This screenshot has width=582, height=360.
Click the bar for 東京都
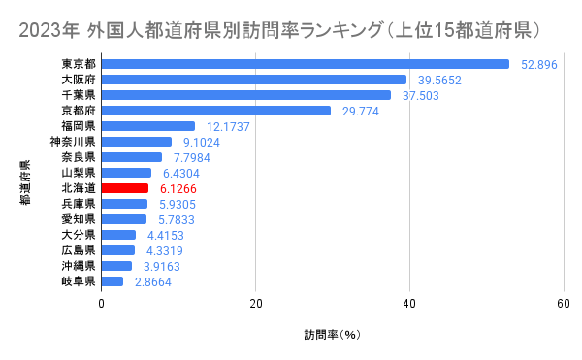click(x=305, y=64)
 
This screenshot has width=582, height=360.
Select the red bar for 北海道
click(x=125, y=188)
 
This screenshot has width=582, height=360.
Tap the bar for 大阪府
click(x=253, y=80)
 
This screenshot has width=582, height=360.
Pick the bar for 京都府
click(x=216, y=111)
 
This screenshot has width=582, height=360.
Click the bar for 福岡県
click(x=148, y=126)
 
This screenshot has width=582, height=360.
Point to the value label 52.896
click(x=539, y=64)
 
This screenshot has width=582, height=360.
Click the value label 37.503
click(x=421, y=95)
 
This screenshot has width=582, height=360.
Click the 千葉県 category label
click(x=78, y=95)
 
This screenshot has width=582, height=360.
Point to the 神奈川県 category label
click(x=73, y=142)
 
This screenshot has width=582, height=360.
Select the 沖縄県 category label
click(x=78, y=266)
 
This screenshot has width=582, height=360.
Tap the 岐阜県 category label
click(x=78, y=281)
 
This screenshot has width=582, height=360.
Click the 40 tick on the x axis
click(x=409, y=303)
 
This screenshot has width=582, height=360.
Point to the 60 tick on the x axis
click(x=564, y=303)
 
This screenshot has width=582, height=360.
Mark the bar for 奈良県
click(x=132, y=157)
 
